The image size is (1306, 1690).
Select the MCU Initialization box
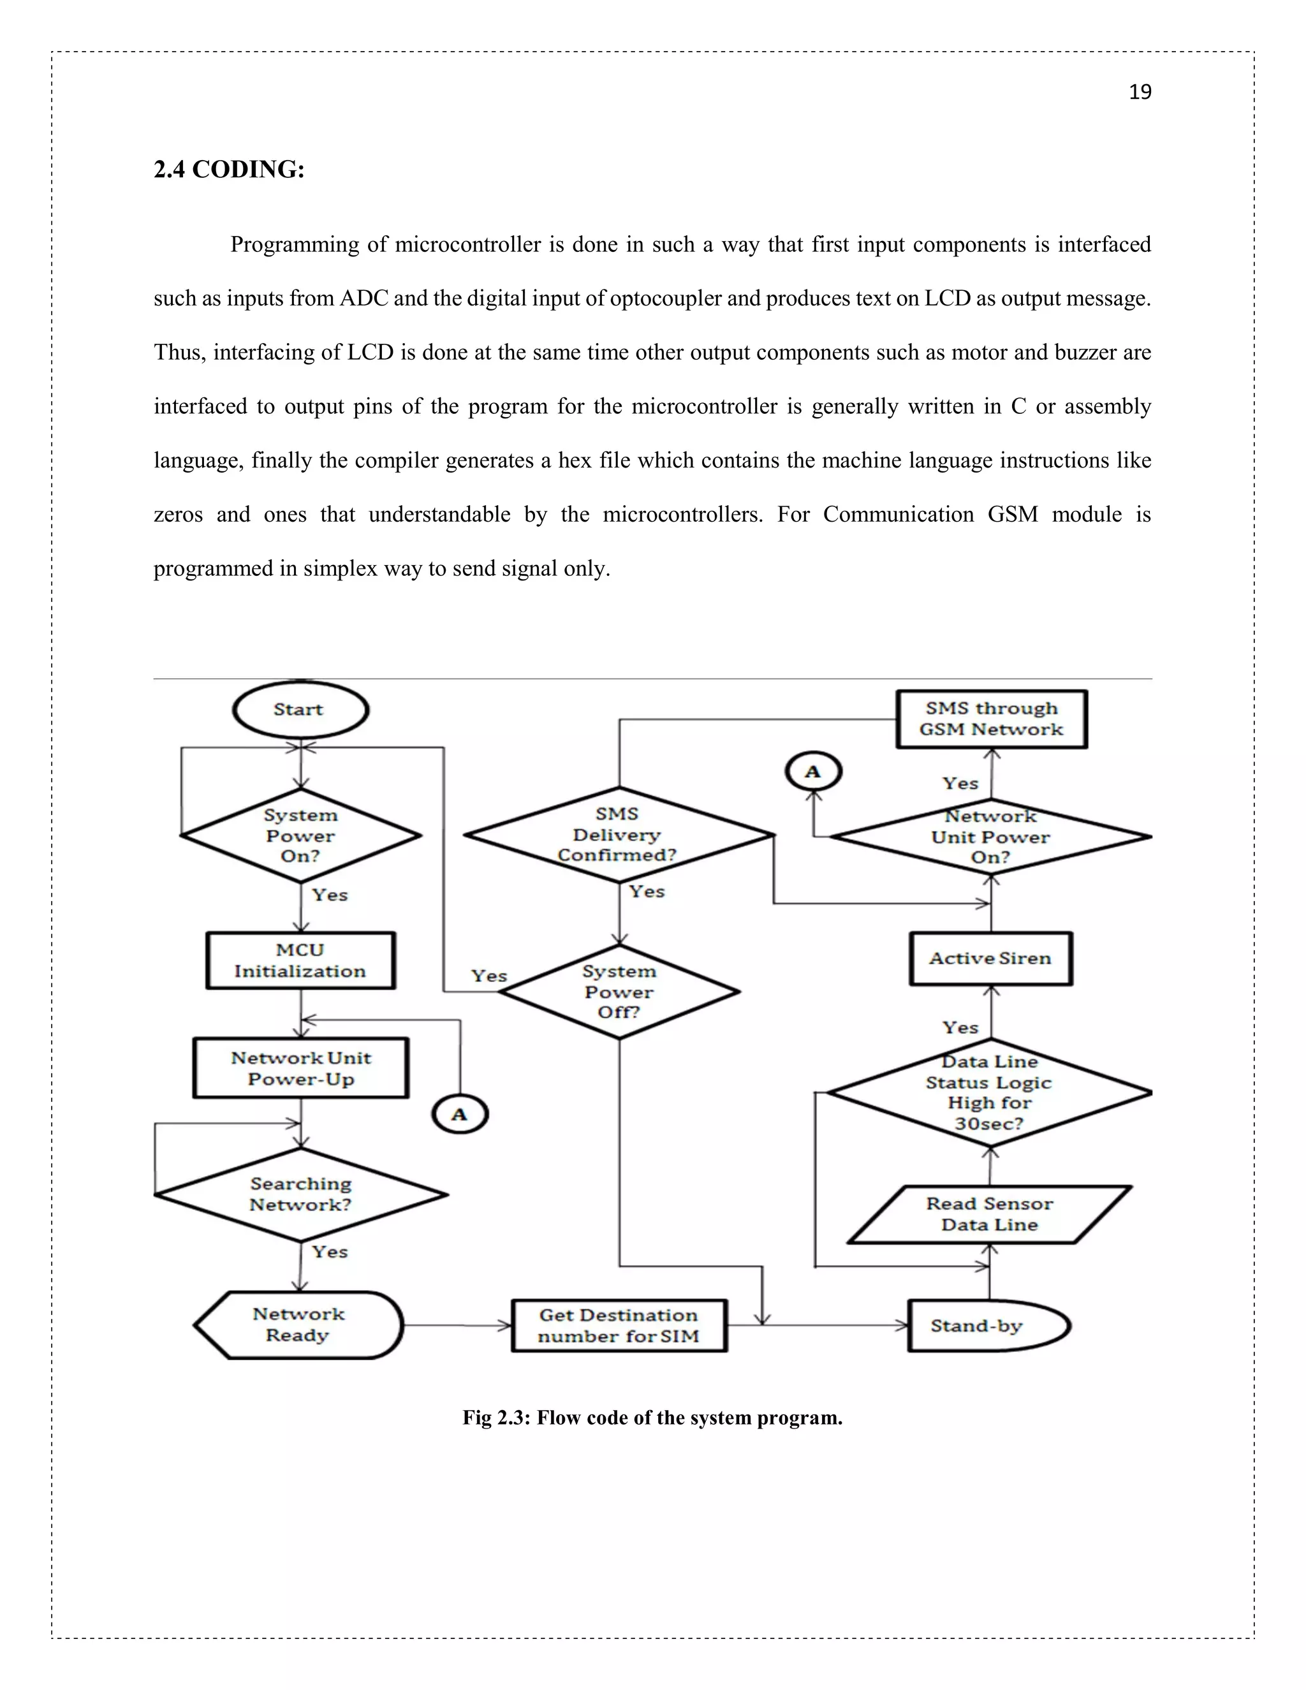pyautogui.click(x=300, y=960)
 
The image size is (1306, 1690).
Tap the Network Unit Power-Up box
pyautogui.click(x=301, y=1068)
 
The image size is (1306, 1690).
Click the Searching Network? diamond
pyautogui.click(x=301, y=1194)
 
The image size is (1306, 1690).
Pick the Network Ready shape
pyautogui.click(x=298, y=1325)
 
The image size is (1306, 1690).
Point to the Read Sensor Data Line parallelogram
pyautogui.click(x=990, y=1214)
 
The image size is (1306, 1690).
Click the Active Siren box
pyautogui.click(x=990, y=958)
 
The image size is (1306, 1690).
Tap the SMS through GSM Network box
pyautogui.click(x=991, y=719)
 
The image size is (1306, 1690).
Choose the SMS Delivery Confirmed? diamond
pyautogui.click(x=618, y=834)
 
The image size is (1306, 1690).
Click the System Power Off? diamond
pyautogui.click(x=619, y=991)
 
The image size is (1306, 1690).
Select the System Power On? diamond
pyautogui.click(x=300, y=835)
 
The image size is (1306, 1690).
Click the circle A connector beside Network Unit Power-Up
pyautogui.click(x=460, y=1114)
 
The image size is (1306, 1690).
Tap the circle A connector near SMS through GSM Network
pyautogui.click(x=813, y=772)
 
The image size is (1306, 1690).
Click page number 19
pyautogui.click(x=1140, y=92)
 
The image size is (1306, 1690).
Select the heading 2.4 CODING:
pyautogui.click(x=229, y=170)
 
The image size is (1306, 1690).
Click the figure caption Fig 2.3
pyautogui.click(x=652, y=1418)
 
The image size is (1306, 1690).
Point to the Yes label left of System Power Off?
pyautogui.click(x=489, y=976)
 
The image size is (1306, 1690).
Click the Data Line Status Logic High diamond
pyautogui.click(x=990, y=1092)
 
